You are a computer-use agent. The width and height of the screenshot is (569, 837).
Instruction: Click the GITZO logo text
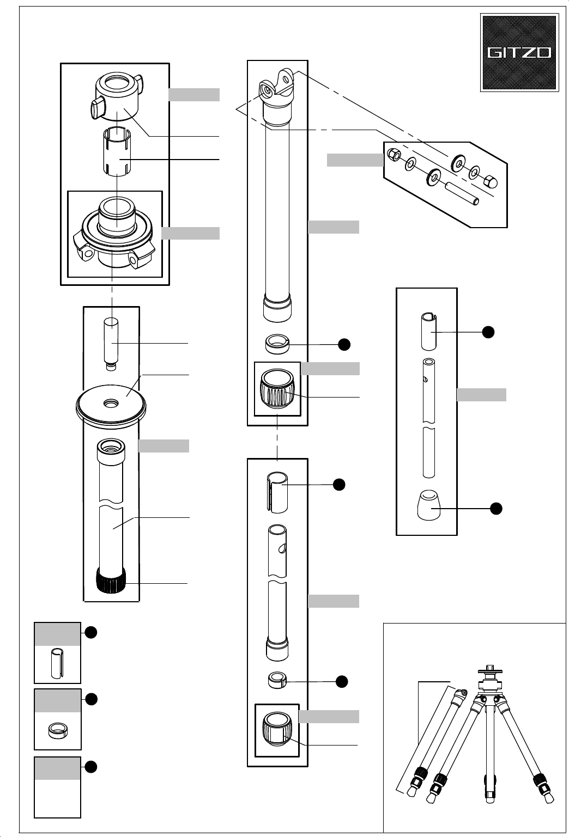[x=519, y=52]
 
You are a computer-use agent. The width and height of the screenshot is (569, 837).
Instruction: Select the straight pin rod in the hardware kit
[x=461, y=194]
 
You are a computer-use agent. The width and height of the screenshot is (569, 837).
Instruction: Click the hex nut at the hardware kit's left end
[x=393, y=154]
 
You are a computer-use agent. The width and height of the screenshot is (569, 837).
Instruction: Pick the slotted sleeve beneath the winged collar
[x=117, y=151]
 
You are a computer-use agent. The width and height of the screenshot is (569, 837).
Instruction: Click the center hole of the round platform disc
[x=111, y=403]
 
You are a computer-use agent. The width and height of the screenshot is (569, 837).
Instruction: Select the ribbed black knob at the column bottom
[x=111, y=581]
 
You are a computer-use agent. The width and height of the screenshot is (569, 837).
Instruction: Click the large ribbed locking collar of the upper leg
[x=277, y=389]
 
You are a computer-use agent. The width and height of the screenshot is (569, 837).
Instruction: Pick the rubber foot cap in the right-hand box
[x=428, y=505]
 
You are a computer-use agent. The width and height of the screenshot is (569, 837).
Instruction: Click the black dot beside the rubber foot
[x=496, y=509]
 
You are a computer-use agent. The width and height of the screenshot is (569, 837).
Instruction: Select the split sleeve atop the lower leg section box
[x=277, y=492]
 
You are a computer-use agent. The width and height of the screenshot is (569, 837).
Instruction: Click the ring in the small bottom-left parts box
[x=58, y=730]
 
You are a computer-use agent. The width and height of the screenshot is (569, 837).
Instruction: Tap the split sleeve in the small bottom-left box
[x=57, y=663]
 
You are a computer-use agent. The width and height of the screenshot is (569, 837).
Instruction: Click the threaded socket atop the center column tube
[x=111, y=450]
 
